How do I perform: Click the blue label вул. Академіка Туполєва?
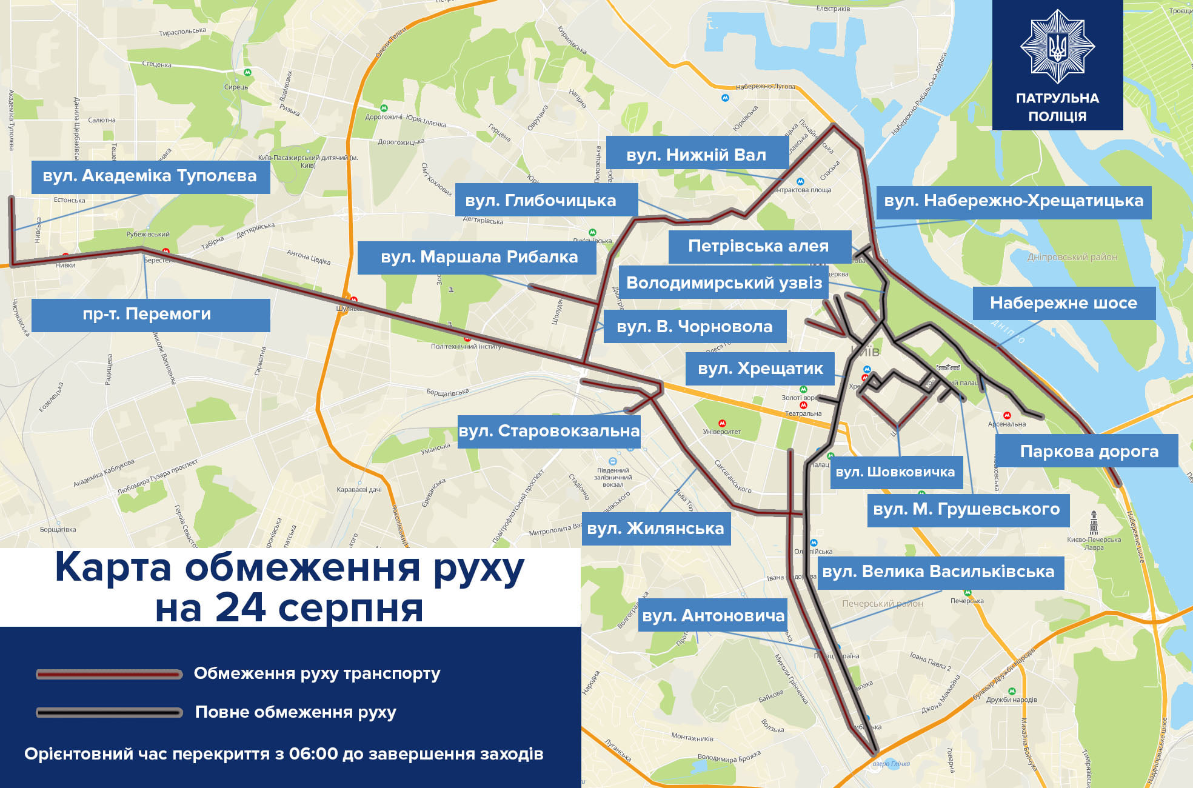click(x=150, y=176)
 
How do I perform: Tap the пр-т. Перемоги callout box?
click(x=150, y=315)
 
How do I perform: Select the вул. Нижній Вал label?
click(x=697, y=155)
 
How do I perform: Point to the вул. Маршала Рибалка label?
click(x=477, y=258)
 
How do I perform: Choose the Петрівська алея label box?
click(x=759, y=247)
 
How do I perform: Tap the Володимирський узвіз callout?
click(x=724, y=283)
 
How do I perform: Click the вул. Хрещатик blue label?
click(x=760, y=369)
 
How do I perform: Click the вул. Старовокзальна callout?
click(x=549, y=431)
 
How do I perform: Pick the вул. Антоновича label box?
click(x=713, y=616)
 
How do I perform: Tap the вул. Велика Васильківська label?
click(x=938, y=572)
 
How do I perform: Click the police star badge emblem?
click(x=1057, y=46)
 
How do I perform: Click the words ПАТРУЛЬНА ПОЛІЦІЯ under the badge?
click(x=1057, y=107)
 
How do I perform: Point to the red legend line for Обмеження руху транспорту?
click(x=109, y=674)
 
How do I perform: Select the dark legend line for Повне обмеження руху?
click(x=109, y=712)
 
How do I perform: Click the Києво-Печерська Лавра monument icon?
click(x=1094, y=522)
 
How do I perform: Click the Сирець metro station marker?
click(x=247, y=72)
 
